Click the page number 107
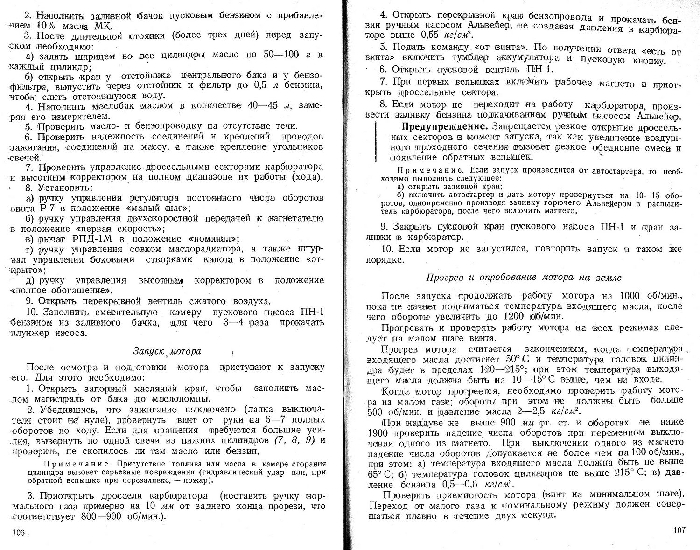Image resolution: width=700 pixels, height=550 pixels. click(x=679, y=530)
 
